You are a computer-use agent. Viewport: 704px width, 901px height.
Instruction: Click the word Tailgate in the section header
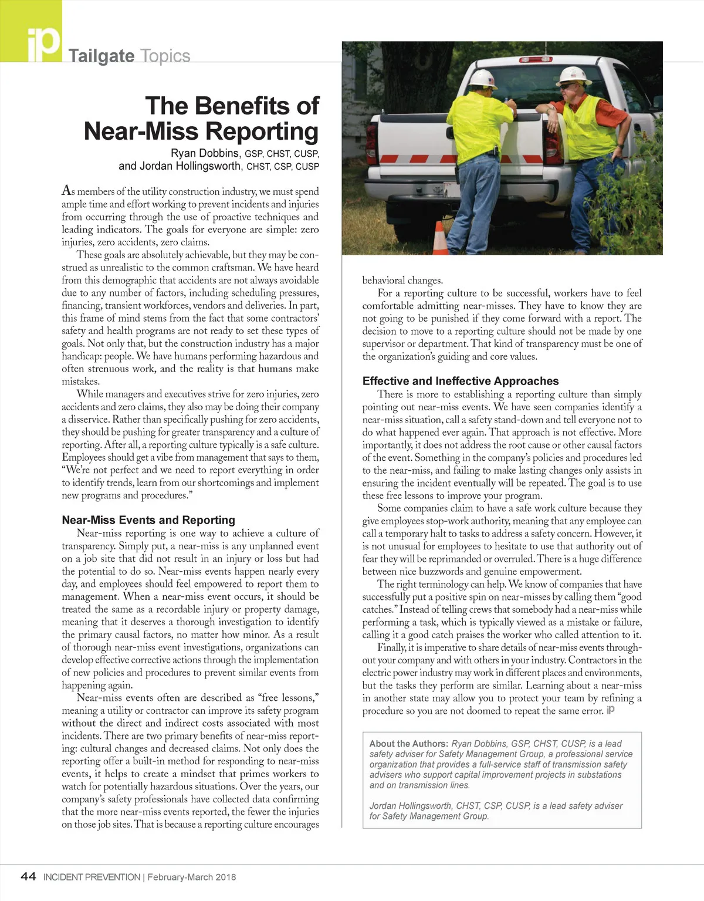(101, 56)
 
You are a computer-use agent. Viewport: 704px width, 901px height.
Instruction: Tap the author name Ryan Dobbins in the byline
(205, 154)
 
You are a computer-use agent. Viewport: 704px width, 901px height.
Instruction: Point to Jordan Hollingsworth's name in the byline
(190, 166)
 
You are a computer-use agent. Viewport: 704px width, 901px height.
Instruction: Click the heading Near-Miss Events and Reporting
(148, 520)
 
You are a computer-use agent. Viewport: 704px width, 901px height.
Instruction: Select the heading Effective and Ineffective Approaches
(461, 381)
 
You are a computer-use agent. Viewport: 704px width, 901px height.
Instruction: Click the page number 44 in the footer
(28, 877)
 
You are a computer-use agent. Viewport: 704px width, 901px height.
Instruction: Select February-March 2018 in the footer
(192, 878)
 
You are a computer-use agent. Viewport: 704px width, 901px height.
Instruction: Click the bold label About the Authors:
(408, 744)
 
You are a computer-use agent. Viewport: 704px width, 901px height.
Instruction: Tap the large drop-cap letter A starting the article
(68, 191)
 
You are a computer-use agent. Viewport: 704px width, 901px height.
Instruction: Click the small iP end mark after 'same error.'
(611, 710)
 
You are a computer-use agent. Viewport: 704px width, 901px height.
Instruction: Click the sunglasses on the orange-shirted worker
(567, 86)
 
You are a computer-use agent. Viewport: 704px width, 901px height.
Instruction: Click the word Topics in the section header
(165, 56)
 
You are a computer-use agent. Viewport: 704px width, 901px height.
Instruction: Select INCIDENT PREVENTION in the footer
(92, 878)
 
